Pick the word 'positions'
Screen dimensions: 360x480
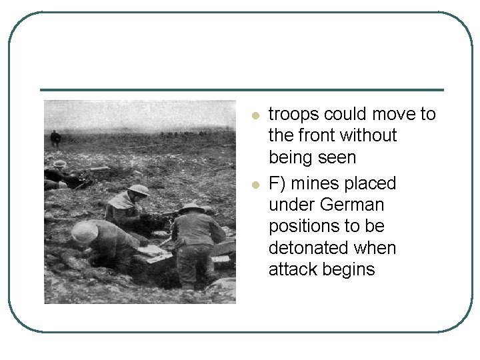click(303, 227)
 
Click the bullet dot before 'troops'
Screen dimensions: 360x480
click(254, 116)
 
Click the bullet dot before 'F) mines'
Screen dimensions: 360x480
click(254, 184)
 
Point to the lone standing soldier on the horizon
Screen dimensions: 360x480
click(55, 138)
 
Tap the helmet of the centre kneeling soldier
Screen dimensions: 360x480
click(139, 190)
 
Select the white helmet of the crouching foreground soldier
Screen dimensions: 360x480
click(84, 231)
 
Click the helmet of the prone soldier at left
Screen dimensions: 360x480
click(59, 163)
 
